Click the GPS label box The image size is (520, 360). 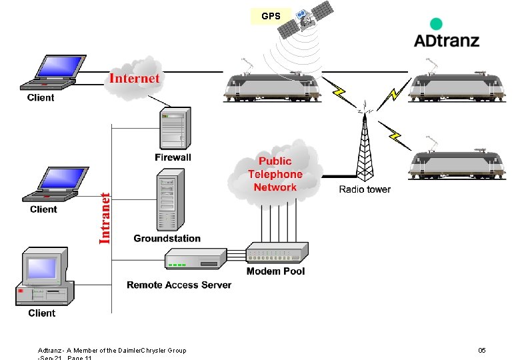pos(271,15)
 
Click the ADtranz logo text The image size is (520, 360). pos(446,40)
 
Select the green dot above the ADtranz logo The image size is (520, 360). pos(436,24)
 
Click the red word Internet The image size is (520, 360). pos(134,79)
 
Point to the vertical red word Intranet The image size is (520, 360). pos(105,218)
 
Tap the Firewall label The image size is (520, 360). pos(173,157)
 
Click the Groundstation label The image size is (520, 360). pos(167,238)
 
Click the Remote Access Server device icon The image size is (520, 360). pos(196,259)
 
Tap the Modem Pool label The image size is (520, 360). pos(275,271)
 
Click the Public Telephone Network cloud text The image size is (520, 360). pos(275,175)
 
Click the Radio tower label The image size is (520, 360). pos(365,189)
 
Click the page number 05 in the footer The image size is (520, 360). pos(482,350)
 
